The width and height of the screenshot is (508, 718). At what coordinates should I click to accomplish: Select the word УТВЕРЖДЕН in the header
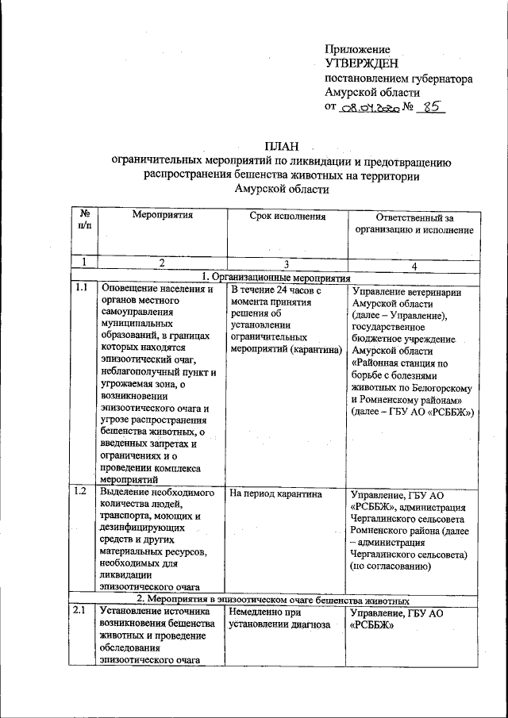click(362, 63)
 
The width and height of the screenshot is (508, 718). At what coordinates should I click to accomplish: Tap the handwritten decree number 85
click(431, 111)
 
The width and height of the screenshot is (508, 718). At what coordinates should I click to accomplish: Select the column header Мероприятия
click(163, 215)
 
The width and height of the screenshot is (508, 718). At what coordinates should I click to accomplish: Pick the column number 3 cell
click(287, 264)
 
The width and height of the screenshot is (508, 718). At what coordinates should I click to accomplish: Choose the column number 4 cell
click(413, 264)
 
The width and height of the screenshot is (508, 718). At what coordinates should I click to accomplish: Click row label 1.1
click(81, 289)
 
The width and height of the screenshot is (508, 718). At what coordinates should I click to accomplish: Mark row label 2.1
click(81, 611)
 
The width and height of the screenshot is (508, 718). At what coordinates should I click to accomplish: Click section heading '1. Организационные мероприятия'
click(275, 278)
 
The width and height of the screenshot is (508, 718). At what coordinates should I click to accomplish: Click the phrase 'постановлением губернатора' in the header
click(399, 79)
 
